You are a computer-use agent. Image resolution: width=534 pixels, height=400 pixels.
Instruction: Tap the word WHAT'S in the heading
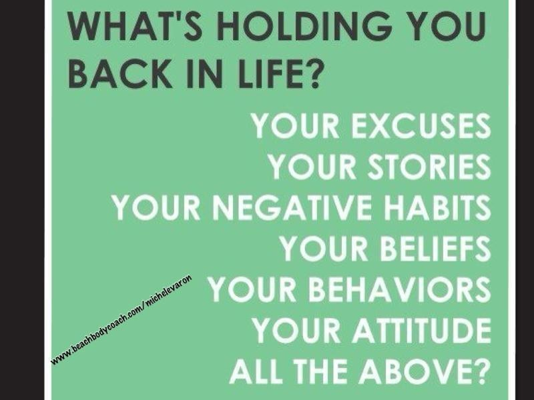pyautogui.click(x=135, y=26)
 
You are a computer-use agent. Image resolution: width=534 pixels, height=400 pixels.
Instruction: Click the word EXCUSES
pyautogui.click(x=421, y=126)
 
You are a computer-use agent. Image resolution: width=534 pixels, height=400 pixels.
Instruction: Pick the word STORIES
pyautogui.click(x=429, y=167)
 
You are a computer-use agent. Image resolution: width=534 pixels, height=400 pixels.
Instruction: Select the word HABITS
pyautogui.click(x=438, y=207)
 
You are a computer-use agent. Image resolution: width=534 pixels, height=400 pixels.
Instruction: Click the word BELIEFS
pyautogui.click(x=435, y=248)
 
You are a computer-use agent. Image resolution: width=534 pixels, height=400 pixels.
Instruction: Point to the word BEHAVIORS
pyautogui.click(x=398, y=289)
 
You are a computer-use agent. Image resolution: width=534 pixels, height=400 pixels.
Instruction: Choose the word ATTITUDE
pyautogui.click(x=421, y=330)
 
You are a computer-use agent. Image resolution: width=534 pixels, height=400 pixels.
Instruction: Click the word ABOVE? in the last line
pyautogui.click(x=424, y=371)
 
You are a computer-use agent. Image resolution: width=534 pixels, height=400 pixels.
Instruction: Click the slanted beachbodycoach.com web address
pyautogui.click(x=121, y=319)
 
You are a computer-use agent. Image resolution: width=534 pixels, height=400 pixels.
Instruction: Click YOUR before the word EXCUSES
pyautogui.click(x=295, y=126)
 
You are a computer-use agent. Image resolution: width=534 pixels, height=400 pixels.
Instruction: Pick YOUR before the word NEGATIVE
pyautogui.click(x=156, y=207)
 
